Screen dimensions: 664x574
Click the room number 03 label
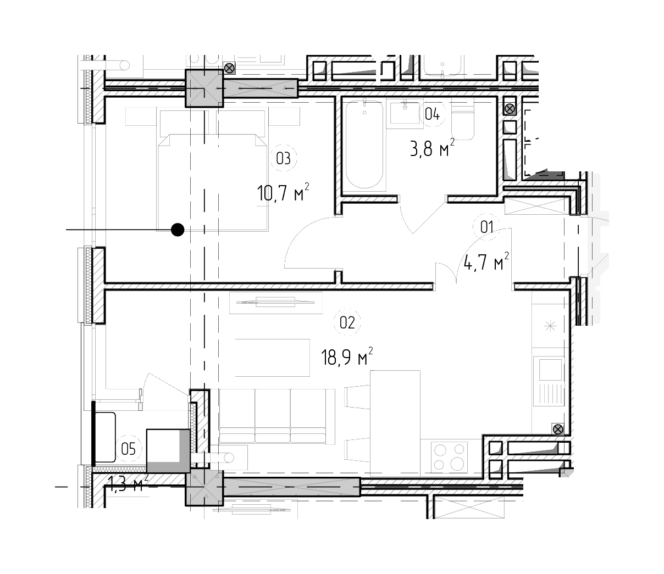(x=283, y=158)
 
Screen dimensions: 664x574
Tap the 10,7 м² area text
(x=283, y=192)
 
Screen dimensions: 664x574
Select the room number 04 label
(x=432, y=114)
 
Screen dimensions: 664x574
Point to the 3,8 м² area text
(x=433, y=148)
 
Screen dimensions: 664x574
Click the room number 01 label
(x=486, y=227)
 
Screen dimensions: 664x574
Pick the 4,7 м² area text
(x=486, y=261)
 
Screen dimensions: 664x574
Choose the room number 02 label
(x=347, y=322)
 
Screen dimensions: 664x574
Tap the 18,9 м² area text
(x=347, y=356)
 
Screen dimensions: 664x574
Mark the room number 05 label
(x=129, y=449)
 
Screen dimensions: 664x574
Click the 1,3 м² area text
(x=128, y=484)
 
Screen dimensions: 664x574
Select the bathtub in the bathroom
(x=364, y=144)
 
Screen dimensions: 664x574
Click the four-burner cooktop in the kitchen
(x=450, y=456)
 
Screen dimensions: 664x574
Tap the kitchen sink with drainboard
(x=549, y=381)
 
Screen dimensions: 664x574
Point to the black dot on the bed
(x=178, y=230)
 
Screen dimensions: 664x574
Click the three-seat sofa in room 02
(x=277, y=417)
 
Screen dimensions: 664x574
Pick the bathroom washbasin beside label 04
(x=405, y=113)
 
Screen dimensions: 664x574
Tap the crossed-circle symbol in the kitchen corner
(x=558, y=429)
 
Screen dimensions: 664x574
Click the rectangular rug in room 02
(x=273, y=357)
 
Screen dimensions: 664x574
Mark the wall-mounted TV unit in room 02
(x=275, y=303)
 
